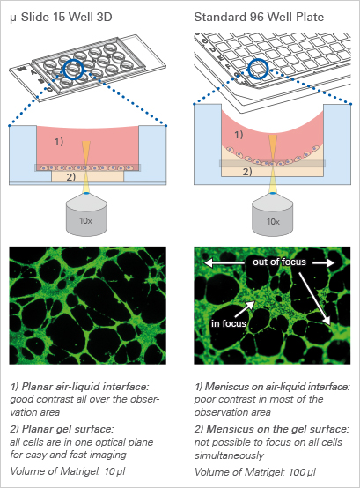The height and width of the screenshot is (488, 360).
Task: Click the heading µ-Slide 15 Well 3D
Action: [x=61, y=17]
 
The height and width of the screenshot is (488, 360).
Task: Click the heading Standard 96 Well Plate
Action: [x=259, y=17]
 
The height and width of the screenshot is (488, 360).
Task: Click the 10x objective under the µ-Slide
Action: [x=86, y=216]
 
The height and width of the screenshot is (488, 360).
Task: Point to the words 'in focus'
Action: [x=229, y=323]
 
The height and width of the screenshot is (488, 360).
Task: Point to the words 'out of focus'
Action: [x=279, y=262]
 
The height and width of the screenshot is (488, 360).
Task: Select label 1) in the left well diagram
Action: [x=59, y=142]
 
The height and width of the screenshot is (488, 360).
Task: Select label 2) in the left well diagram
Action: [x=71, y=177]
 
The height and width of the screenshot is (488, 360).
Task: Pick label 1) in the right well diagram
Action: [x=239, y=135]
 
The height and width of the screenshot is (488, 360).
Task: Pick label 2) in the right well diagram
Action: [x=247, y=172]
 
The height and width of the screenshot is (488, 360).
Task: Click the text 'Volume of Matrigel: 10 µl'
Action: [x=68, y=471]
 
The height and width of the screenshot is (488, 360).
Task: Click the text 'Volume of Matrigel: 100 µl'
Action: [x=255, y=472]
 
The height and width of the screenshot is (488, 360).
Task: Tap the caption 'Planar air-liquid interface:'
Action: [x=80, y=387]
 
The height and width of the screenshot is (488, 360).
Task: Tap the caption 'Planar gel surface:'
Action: [x=62, y=429]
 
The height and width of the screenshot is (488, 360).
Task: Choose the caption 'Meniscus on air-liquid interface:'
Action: [x=272, y=387]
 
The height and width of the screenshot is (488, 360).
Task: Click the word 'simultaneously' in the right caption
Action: [x=229, y=455]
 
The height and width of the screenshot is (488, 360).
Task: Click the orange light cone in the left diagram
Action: [x=86, y=152]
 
